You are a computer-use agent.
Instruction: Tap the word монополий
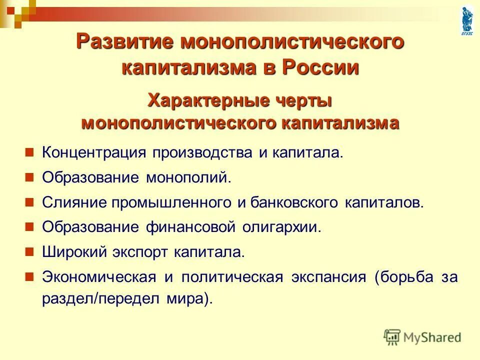pos(189,177)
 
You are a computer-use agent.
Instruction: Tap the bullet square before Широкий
pos(29,250)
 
